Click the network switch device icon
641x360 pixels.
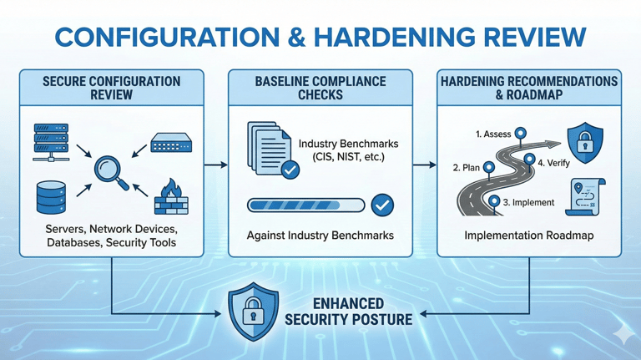pyautogui.click(x=171, y=143)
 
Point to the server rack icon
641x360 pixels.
pyautogui.click(x=52, y=141)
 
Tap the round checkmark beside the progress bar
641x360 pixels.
pyautogui.click(x=381, y=205)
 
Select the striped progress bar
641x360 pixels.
pyautogui.click(x=305, y=205)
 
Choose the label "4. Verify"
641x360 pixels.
pyautogui.click(x=553, y=163)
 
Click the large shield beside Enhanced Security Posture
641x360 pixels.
pyautogui.click(x=255, y=312)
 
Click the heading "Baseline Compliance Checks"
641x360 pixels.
pyautogui.click(x=320, y=88)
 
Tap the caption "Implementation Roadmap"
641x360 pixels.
pyautogui.click(x=528, y=236)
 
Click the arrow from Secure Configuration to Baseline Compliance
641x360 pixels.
pyautogui.click(x=215, y=165)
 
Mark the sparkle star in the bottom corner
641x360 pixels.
pyautogui.click(x=621, y=334)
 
